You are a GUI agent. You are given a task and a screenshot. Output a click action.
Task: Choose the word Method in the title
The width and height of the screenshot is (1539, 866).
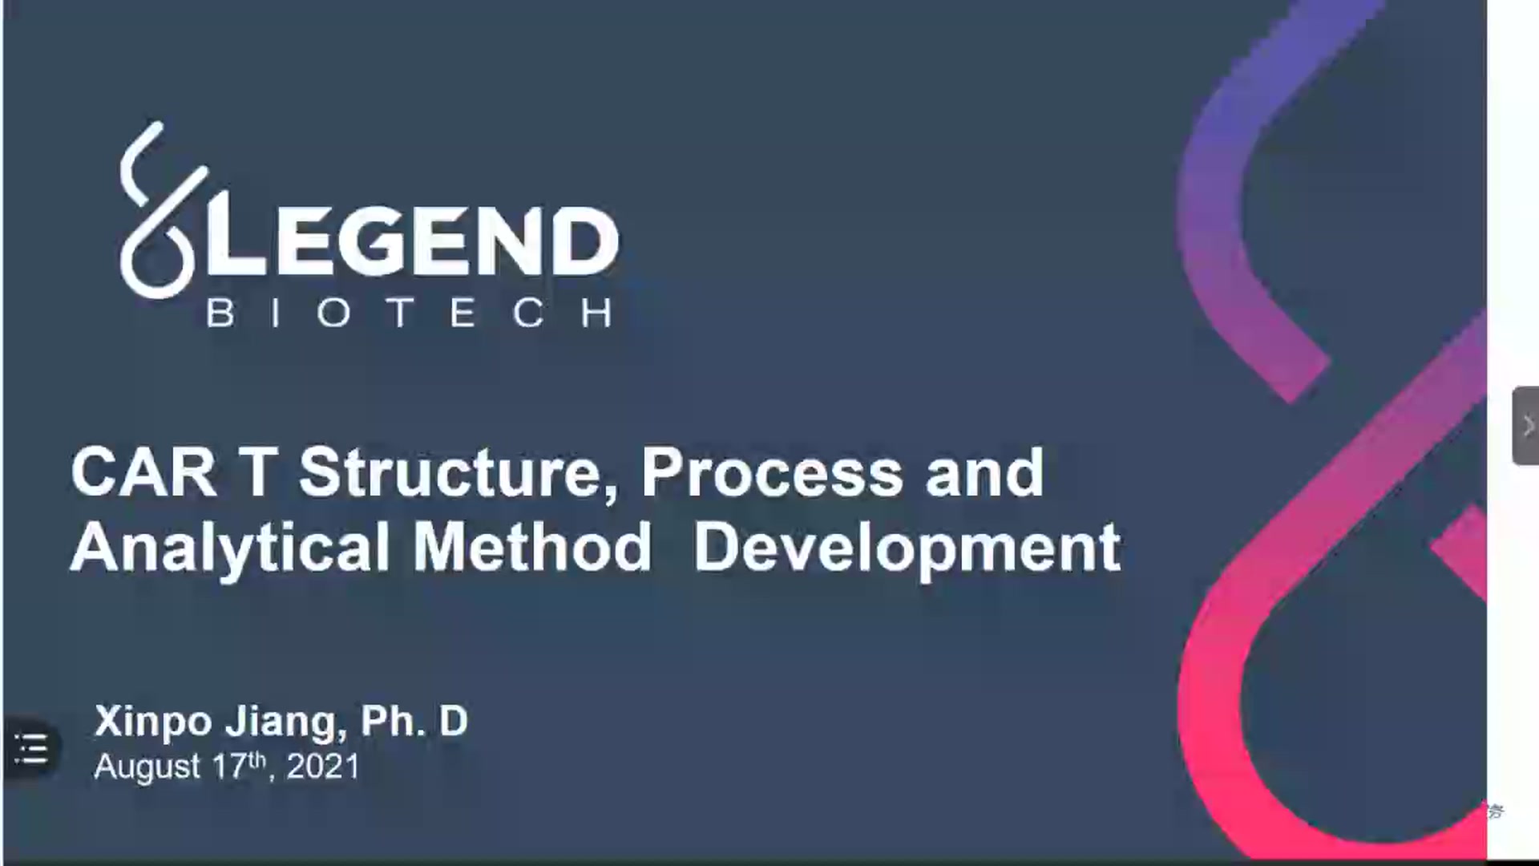(x=532, y=548)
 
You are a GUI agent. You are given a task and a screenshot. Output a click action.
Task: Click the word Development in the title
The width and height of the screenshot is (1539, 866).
(x=907, y=549)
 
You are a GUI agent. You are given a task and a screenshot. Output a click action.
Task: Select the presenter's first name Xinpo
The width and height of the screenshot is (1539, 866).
(x=153, y=722)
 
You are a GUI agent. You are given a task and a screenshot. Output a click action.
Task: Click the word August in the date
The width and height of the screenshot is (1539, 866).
(x=147, y=767)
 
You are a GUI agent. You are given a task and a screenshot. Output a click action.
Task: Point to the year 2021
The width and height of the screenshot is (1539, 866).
(x=323, y=767)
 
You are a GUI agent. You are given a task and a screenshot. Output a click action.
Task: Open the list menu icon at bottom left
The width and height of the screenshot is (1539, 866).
(x=32, y=750)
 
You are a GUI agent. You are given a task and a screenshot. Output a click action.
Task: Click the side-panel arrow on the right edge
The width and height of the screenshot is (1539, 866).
(x=1526, y=426)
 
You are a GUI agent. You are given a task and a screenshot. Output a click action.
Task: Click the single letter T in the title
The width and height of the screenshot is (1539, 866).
(x=257, y=473)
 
